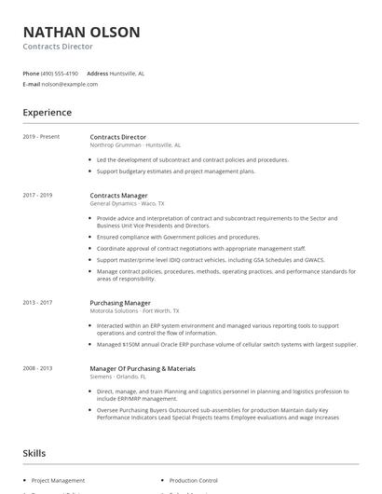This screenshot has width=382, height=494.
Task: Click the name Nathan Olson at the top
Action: (x=81, y=32)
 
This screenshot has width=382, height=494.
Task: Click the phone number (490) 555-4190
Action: (x=61, y=73)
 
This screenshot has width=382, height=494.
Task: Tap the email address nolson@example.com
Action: (x=70, y=84)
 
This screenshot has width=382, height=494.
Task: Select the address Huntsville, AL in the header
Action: (x=127, y=73)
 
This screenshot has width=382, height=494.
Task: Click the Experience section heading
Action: (x=47, y=113)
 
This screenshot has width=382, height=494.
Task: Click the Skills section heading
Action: (x=34, y=453)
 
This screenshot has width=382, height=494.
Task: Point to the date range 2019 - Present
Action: (x=41, y=137)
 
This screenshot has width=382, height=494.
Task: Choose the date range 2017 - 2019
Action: (x=37, y=195)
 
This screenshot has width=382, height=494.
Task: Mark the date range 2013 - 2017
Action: (x=37, y=303)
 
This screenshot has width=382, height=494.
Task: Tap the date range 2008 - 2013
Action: (x=37, y=368)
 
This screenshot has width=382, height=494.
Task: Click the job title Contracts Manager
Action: (x=118, y=195)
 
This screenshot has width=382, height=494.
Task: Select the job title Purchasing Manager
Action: (x=120, y=303)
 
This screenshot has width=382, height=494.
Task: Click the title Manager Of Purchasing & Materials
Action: (x=143, y=368)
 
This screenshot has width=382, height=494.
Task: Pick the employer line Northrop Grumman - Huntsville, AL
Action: (x=135, y=145)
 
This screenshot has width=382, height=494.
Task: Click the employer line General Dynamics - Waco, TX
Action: (x=127, y=203)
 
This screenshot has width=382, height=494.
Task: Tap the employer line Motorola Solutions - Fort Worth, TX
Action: (x=134, y=311)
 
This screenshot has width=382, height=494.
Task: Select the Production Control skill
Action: (x=193, y=480)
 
